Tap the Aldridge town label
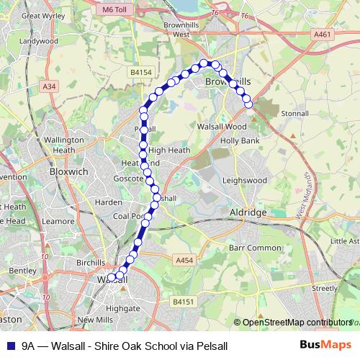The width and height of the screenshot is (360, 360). click(248, 213)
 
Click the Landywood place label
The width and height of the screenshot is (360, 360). click(39, 41)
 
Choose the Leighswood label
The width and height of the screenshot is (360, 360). click(245, 180)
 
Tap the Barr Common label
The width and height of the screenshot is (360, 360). click(254, 247)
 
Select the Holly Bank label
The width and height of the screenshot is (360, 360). click(240, 140)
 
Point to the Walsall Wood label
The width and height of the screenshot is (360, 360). click(222, 125)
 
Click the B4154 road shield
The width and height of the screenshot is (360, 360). click(141, 73)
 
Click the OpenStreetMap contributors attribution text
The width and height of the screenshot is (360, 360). click(293, 323)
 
